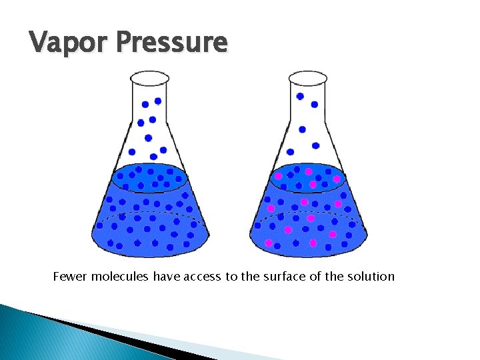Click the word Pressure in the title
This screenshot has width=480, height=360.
tap(171, 43)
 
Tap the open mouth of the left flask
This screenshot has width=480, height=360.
tap(150, 79)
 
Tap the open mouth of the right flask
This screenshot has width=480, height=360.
tap(308, 79)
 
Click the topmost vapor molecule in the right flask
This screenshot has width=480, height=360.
tap(300, 96)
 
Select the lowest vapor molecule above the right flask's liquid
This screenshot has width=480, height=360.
tap(289, 151)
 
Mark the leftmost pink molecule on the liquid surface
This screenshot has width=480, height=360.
tap(279, 176)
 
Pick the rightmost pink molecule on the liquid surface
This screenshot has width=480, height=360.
tap(337, 179)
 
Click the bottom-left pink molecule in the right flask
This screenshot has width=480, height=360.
tap(268, 243)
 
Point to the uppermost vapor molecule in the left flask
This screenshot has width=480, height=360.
tap(158, 101)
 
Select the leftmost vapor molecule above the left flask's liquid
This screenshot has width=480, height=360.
tap(132, 152)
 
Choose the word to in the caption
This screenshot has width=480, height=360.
tap(231, 276)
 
